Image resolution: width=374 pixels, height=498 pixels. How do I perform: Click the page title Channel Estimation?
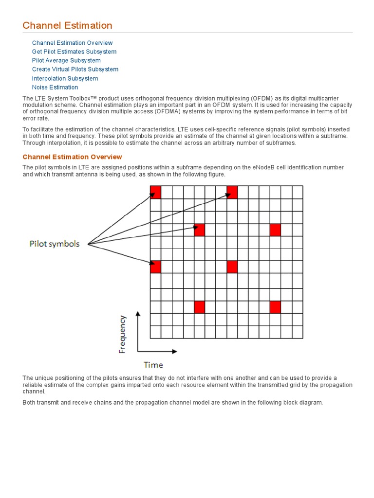click(68, 25)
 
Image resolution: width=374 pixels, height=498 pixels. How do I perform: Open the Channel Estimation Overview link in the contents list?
click(72, 43)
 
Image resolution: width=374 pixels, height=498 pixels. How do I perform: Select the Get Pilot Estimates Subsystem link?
click(74, 52)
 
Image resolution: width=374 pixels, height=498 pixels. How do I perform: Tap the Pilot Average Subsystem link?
click(66, 60)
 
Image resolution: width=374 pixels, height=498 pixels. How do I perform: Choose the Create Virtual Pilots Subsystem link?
click(75, 69)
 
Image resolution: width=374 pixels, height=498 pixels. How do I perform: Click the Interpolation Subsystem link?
click(65, 78)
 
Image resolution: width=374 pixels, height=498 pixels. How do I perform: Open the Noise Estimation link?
click(55, 87)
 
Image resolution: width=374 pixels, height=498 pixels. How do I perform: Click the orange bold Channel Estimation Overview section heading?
click(72, 157)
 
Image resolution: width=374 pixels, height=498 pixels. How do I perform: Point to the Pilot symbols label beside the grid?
click(55, 244)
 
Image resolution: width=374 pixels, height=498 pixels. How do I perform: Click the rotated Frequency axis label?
click(123, 335)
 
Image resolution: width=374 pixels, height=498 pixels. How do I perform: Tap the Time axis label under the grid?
click(153, 364)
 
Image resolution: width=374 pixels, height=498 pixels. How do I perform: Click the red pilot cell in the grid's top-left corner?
click(155, 192)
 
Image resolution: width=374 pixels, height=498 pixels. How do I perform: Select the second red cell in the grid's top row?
click(232, 192)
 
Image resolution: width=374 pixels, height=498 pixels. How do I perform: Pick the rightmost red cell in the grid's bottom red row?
click(275, 307)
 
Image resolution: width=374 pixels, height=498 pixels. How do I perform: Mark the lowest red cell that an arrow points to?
click(155, 267)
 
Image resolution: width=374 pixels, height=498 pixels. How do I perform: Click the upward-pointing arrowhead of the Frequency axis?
click(138, 315)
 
